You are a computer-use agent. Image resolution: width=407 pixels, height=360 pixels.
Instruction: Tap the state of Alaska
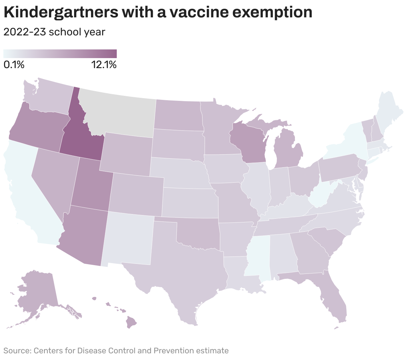point(37,291)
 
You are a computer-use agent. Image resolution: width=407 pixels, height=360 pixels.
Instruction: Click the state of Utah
point(90,187)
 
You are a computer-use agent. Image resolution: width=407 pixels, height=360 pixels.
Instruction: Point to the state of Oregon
point(37,127)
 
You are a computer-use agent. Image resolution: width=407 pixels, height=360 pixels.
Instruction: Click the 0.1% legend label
point(14,65)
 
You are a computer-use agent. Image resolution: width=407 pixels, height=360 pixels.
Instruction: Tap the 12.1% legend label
point(104,65)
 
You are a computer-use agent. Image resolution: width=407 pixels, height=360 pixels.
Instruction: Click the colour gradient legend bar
point(60,54)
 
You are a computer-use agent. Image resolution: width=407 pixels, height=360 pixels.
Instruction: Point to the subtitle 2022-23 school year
point(54,32)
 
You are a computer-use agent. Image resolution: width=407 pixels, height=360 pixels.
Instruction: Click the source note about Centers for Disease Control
point(116,351)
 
